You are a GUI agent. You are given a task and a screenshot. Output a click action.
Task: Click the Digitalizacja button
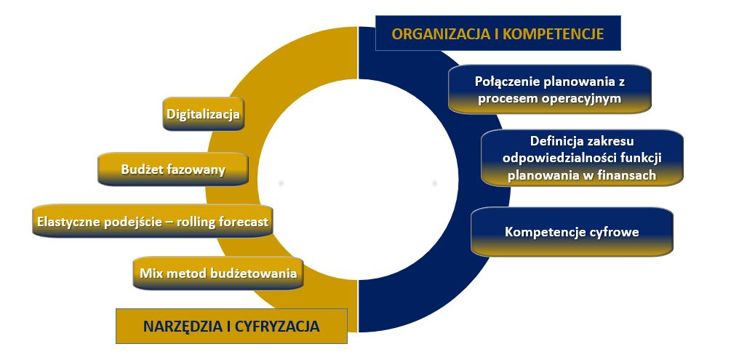pyautogui.click(x=203, y=114)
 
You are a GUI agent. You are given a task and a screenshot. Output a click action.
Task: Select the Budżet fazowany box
pyautogui.click(x=174, y=169)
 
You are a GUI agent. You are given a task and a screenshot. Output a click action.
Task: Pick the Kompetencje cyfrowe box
pyautogui.click(x=572, y=233)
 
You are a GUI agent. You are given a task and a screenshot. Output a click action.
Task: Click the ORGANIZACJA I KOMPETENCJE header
pyautogui.click(x=498, y=33)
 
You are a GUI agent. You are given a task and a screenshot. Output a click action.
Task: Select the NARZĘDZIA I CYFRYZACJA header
pyautogui.click(x=231, y=326)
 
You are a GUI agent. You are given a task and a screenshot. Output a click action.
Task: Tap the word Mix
pyautogui.click(x=151, y=274)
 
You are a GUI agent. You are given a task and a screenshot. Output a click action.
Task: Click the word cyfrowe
pyautogui.click(x=612, y=233)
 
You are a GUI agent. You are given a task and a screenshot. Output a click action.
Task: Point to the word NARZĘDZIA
pyautogui.click(x=177, y=326)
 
